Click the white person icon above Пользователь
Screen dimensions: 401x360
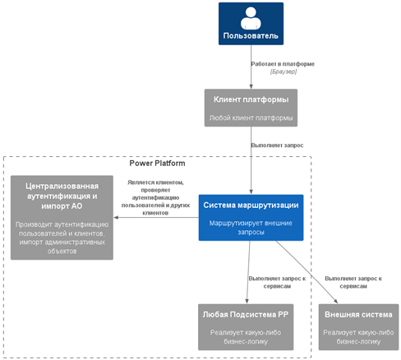[x=251, y=18]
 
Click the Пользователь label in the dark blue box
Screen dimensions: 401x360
[x=251, y=36]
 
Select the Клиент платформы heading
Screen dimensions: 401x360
[x=251, y=99]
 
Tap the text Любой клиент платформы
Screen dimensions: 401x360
[x=251, y=118]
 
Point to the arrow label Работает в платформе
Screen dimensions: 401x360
[x=283, y=64]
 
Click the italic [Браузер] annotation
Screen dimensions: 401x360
[x=283, y=72]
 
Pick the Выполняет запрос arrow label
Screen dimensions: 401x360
[x=277, y=145]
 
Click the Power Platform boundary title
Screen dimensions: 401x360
[x=157, y=164]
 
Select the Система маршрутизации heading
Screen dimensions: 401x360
[x=251, y=205]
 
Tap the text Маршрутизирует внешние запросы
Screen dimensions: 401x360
[x=251, y=228]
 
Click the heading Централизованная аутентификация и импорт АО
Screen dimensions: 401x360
[x=62, y=196]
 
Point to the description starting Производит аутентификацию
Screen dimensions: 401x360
[x=62, y=238]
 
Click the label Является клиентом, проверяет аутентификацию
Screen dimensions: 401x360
[x=155, y=197]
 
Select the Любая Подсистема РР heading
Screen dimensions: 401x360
[x=246, y=315]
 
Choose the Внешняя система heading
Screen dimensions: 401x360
[x=358, y=315]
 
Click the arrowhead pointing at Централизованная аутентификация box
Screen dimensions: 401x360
[x=116, y=218]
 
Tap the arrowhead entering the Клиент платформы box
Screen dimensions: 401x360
[x=251, y=86]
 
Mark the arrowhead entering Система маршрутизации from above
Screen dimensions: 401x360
[x=251, y=192]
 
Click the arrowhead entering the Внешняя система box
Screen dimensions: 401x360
[x=335, y=302]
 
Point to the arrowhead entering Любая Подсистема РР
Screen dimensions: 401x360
[x=247, y=301]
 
